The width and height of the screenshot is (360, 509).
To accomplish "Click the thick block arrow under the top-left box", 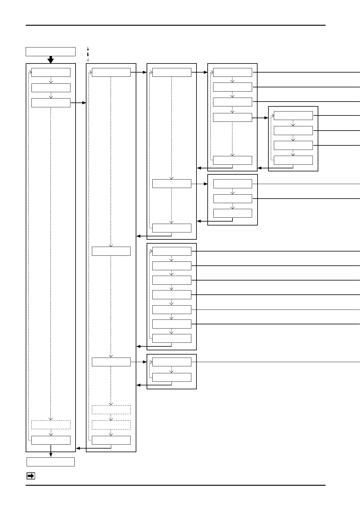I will tap(51, 60).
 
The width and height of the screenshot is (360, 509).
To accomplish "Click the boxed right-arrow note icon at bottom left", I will tap(31, 476).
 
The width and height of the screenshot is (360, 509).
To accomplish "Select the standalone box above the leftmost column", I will tap(50, 52).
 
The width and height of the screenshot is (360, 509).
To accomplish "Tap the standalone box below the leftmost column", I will tap(50, 462).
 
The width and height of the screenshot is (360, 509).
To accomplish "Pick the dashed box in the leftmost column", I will tap(51, 425).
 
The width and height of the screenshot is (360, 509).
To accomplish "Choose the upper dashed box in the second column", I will tap(111, 410).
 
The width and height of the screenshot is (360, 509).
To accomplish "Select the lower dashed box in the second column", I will tap(111, 425).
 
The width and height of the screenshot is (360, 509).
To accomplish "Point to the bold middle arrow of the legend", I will tap(88, 54).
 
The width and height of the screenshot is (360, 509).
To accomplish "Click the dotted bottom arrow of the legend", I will tap(88, 59).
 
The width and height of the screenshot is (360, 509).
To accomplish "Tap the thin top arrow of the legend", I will tap(88, 48).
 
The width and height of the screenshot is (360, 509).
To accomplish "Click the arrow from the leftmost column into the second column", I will tap(79, 103).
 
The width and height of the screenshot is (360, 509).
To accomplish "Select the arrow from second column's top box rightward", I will tap(139, 73).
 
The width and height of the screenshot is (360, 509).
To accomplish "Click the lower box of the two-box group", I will tap(172, 377).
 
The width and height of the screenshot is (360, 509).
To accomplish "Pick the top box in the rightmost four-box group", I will tap(293, 115).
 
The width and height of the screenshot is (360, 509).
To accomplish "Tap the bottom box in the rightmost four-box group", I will tap(293, 160).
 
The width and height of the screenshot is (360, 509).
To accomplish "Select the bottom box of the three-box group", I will tap(232, 213).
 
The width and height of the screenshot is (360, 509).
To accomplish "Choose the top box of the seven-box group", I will tap(172, 251).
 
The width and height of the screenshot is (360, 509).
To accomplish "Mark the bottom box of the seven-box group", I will tap(172, 338).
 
